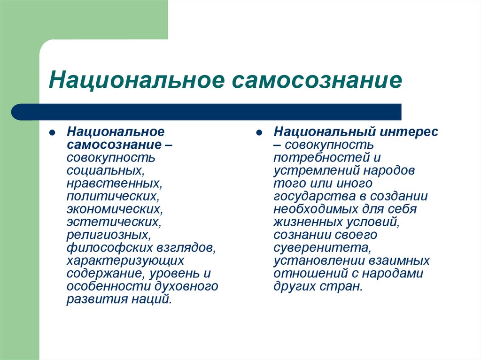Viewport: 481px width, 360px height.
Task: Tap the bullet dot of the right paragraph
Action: tap(259, 132)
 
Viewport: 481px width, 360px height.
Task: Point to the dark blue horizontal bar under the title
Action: tap(207, 112)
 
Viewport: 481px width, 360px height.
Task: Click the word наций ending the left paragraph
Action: tap(151, 299)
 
